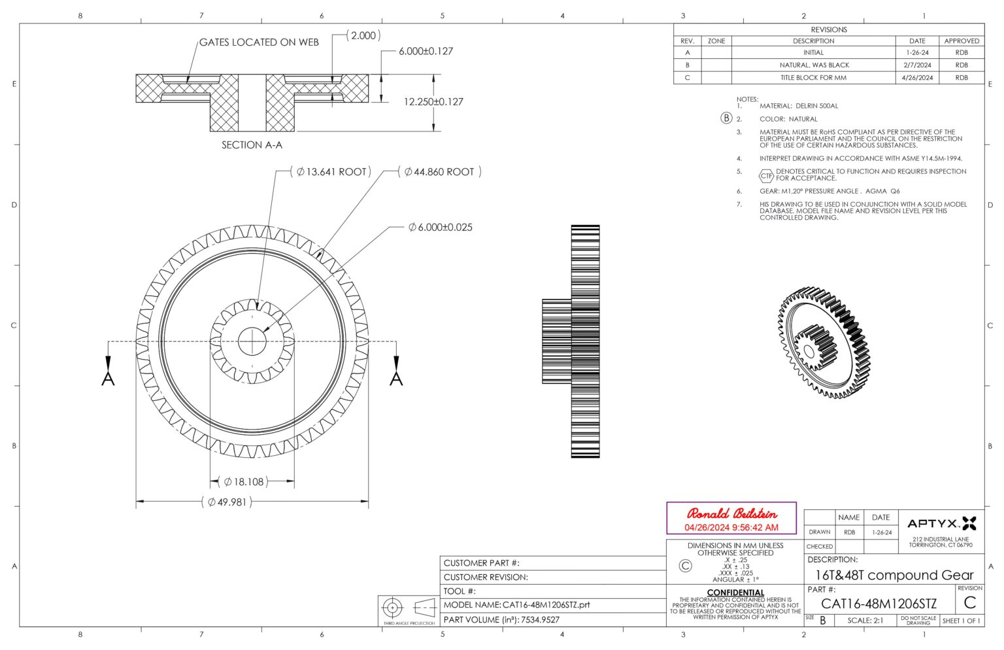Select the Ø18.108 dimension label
[243, 482]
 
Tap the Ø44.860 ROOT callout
[439, 172]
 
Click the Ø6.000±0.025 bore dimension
[440, 227]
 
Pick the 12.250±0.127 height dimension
[433, 102]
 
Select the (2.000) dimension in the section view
[363, 36]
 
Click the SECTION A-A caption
[252, 145]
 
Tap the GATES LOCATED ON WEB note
[259, 43]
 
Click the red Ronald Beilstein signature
[731, 514]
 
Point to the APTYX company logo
[941, 523]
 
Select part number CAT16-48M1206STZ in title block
[878, 604]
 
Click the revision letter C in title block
[969, 602]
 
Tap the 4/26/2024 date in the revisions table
[917, 78]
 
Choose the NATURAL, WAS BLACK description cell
[814, 65]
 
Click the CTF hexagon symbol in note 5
[766, 175]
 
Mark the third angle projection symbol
[407, 608]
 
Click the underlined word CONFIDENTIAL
[735, 592]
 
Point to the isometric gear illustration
[825, 343]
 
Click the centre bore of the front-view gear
[252, 341]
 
